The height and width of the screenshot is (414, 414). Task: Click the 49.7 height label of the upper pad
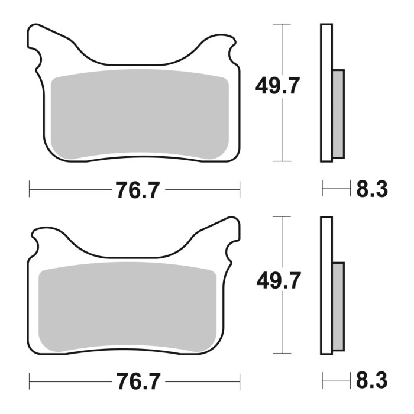point(278,87)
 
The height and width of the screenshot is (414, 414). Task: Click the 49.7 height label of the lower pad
point(278,280)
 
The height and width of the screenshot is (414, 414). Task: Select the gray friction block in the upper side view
point(338,114)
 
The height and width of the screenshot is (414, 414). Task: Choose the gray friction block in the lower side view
point(338,306)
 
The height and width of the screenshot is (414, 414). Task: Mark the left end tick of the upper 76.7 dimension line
point(30,190)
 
